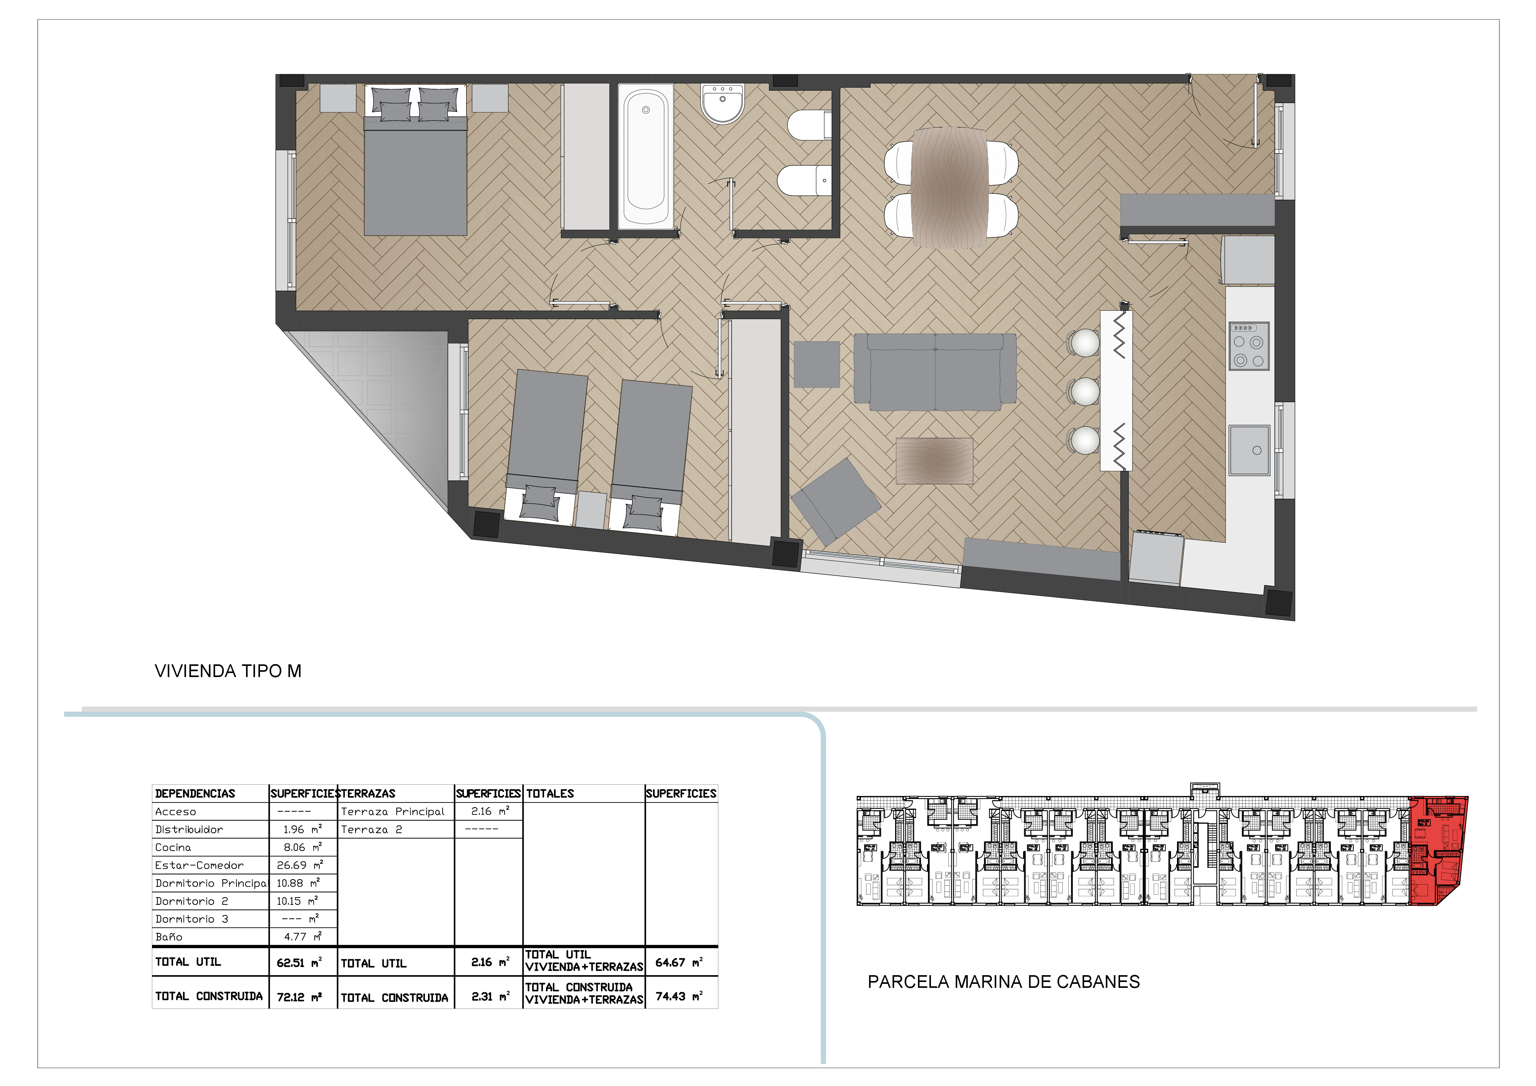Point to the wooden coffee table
tap(935, 461)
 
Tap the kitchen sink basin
tap(1249, 450)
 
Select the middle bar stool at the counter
tap(1084, 391)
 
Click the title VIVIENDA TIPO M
tap(228, 671)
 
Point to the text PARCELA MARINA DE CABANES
tap(1003, 982)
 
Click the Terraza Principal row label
tap(393, 812)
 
